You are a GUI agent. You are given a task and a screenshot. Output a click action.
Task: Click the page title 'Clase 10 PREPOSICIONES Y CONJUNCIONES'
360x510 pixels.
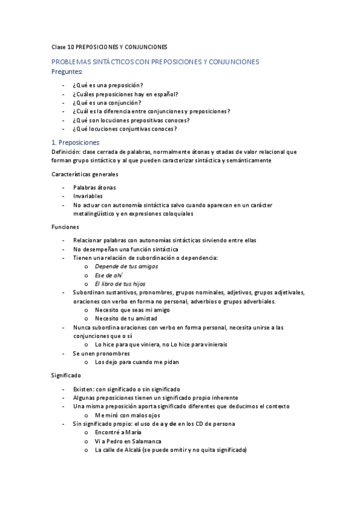[x=109, y=47]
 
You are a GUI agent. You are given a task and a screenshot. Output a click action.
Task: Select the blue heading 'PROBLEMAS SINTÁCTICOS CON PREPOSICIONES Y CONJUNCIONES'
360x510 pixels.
[x=155, y=62]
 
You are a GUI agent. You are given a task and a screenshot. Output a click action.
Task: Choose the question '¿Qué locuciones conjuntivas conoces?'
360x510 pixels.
[x=125, y=129]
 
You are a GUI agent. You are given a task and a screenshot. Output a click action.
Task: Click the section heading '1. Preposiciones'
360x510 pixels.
[x=75, y=143]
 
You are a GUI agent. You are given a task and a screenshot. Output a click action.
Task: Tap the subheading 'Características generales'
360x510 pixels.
[x=85, y=174]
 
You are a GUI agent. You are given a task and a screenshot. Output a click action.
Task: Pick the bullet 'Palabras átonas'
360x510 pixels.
[x=96, y=188]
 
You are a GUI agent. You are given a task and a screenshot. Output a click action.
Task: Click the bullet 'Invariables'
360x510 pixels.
[x=88, y=196]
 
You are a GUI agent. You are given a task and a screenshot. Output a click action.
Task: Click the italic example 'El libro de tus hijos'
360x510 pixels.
[x=120, y=284]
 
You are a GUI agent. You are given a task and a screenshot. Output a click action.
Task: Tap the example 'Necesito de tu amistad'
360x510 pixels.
[x=126, y=318]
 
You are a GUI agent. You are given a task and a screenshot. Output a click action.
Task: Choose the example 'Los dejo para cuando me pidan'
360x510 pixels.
[x=136, y=362]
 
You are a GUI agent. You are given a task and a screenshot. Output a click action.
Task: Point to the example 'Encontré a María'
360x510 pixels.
[x=119, y=432]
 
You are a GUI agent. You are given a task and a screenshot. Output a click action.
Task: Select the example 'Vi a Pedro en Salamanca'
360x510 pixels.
[x=128, y=441]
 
